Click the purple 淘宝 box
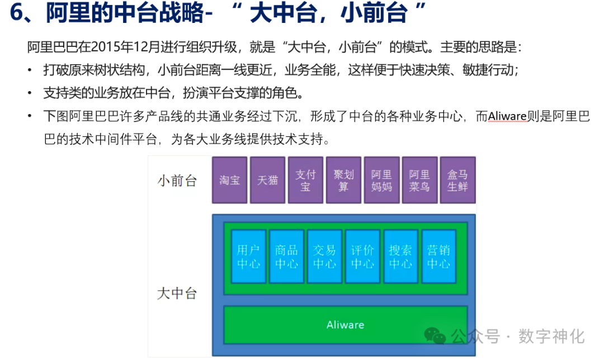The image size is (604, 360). pos(230,180)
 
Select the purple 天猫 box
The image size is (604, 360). pos(268,180)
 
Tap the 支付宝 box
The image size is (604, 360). pos(305,180)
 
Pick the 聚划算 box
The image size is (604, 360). pos(343,180)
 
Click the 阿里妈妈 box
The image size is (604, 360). pos(381,180)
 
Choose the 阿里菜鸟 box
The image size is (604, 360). pos(419,180)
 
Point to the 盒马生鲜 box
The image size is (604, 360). pos(457,180)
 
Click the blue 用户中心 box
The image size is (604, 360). pos(248,257)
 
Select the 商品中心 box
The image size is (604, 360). pos(286,257)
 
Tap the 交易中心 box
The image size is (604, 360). pos(324,257)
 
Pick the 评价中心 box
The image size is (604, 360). pos(362,257)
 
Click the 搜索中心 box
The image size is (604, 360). pos(400,257)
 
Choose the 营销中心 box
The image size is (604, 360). pos(438,257)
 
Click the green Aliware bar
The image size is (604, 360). pos(345,325)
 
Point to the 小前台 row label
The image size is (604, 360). pos(177,181)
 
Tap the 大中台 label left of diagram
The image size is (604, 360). pos(177,293)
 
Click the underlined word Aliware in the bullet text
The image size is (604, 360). pos(508,116)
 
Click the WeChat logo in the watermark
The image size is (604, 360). pos(435,335)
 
